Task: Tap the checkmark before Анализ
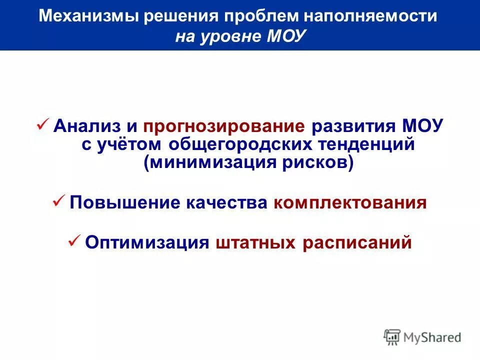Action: [x=42, y=123]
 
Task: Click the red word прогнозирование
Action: [x=224, y=125]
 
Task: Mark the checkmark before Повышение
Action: [x=58, y=201]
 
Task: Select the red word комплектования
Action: [x=350, y=203]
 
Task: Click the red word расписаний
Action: [x=356, y=242]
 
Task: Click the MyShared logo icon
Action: [x=392, y=336]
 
